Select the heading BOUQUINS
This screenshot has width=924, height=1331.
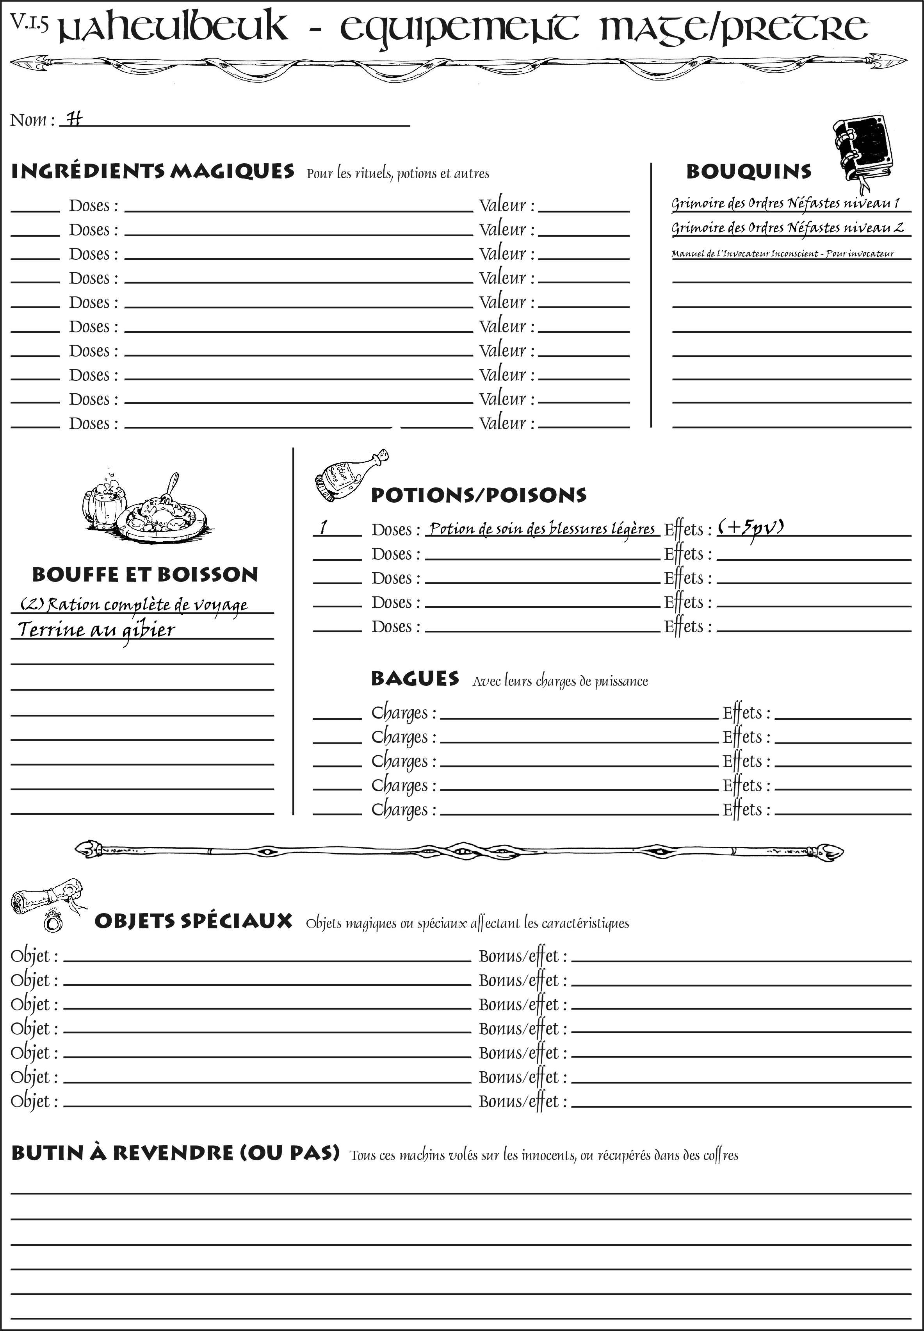pos(749,172)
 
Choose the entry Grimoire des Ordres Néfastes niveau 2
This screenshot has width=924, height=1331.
pos(787,228)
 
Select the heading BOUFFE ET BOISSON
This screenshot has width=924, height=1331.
pos(145,574)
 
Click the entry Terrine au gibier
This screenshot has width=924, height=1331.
pos(96,630)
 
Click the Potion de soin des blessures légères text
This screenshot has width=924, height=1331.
pos(542,528)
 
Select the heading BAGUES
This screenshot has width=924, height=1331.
pos(415,678)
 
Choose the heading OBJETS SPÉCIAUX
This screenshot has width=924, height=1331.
pos(193,921)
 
